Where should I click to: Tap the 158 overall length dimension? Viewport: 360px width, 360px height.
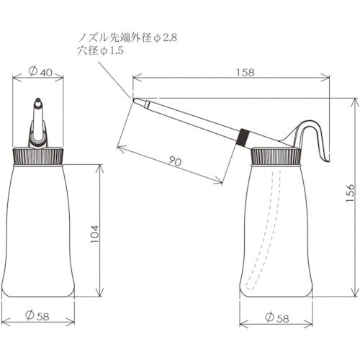(232, 71)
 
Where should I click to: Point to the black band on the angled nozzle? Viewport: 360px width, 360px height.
(243, 134)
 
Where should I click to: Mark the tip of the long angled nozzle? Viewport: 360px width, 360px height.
(136, 102)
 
